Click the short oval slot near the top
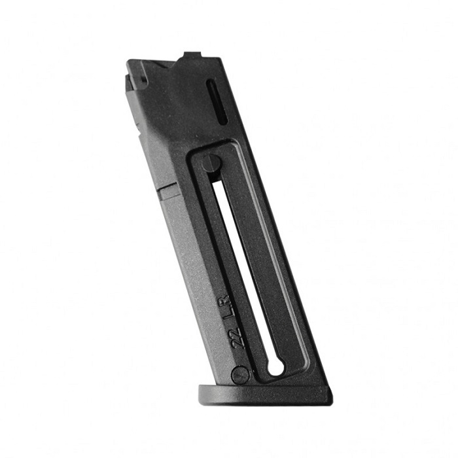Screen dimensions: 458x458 [217, 101]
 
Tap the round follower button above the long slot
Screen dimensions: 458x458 [211, 163]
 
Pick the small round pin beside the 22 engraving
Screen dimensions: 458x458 [240, 375]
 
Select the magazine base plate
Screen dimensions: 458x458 [265, 395]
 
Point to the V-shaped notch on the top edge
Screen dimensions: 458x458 [168, 65]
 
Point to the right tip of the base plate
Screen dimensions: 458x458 [330, 395]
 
